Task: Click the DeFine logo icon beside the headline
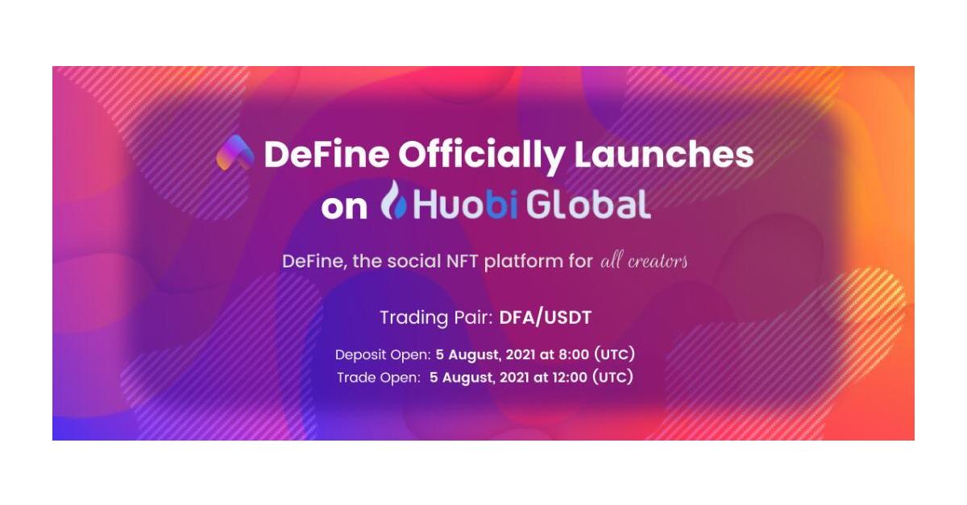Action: point(235,152)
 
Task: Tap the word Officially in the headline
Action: point(481,155)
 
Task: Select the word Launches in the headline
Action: point(663,155)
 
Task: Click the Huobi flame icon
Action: point(394,200)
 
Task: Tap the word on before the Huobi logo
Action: point(344,208)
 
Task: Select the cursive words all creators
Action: point(644,261)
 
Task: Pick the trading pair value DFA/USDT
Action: point(546,317)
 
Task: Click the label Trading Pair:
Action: point(436,318)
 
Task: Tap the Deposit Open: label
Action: point(383,355)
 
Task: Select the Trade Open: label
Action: point(379,378)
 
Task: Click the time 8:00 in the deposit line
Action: point(574,355)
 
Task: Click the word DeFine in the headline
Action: point(327,155)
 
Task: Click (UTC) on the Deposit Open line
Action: point(615,354)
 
